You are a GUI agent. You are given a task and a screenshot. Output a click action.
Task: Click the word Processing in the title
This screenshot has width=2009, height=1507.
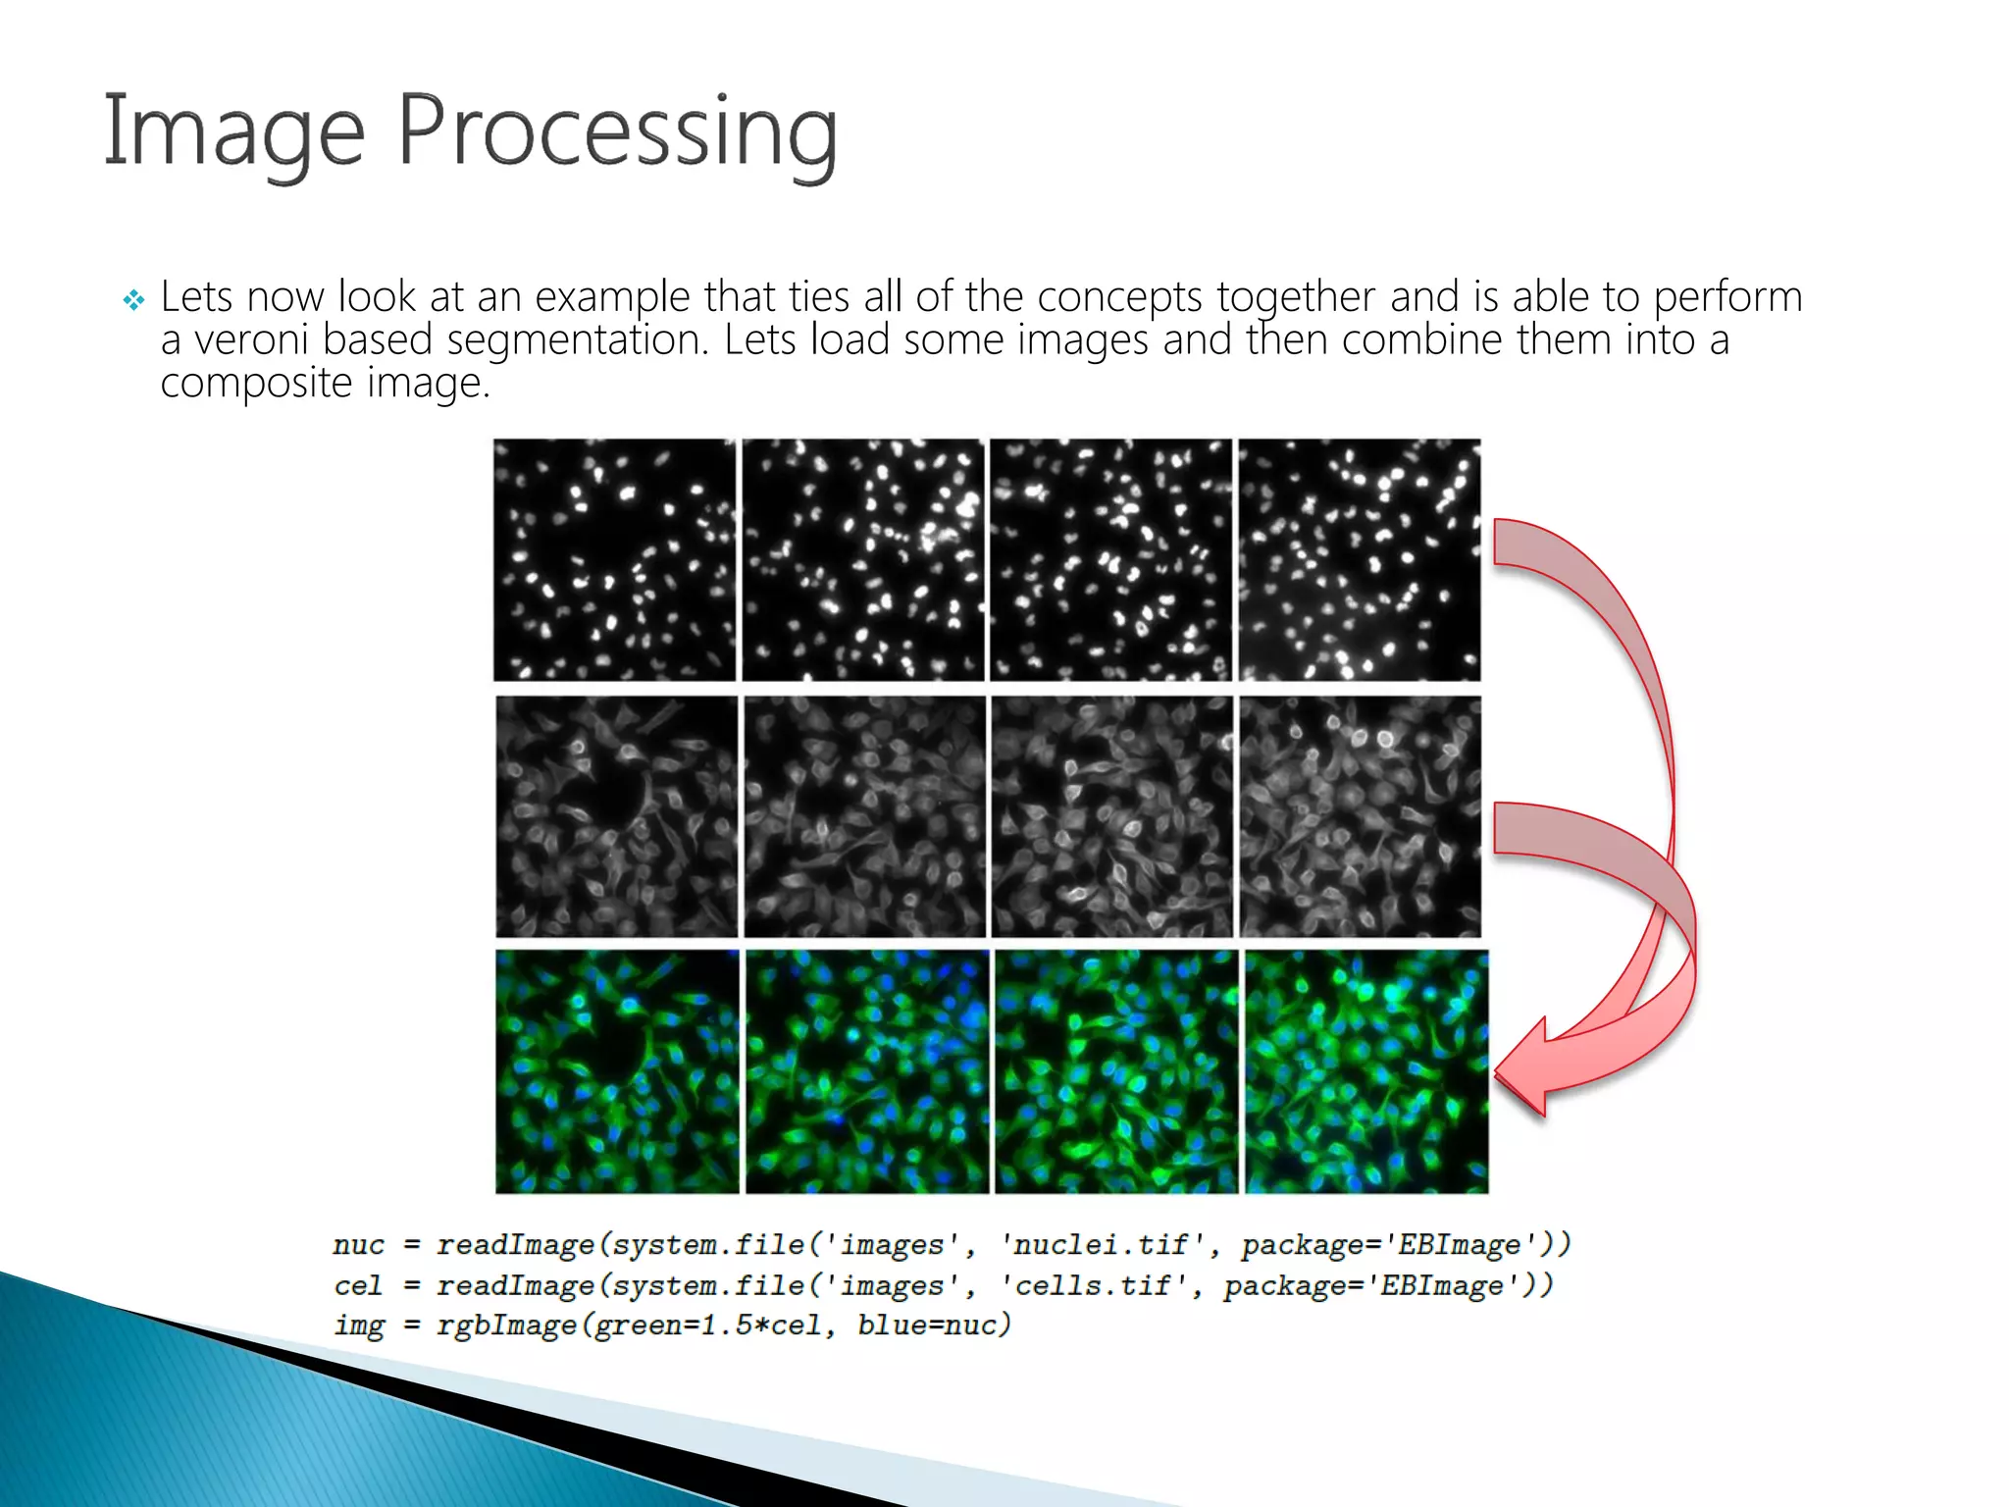click(x=618, y=132)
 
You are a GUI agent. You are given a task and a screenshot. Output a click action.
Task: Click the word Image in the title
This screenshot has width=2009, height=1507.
click(x=233, y=132)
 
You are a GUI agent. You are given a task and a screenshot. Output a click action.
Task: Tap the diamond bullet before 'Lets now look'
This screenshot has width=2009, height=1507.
click(x=133, y=299)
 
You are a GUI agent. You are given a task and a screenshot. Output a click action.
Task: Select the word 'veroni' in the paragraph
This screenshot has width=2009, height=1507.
click(x=250, y=340)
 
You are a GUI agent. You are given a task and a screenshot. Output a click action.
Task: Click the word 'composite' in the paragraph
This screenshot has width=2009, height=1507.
click(x=256, y=383)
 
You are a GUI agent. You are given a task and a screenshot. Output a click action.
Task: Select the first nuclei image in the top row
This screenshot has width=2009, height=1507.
click(x=614, y=559)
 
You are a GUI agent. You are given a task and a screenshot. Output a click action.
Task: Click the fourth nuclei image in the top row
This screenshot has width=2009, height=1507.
click(x=1360, y=559)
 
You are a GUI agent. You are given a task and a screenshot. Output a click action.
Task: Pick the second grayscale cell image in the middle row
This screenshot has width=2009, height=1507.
click(x=864, y=816)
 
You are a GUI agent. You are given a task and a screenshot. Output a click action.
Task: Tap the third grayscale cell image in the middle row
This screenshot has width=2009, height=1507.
click(x=1111, y=816)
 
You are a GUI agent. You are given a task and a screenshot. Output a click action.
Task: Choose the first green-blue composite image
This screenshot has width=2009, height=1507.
click(x=617, y=1071)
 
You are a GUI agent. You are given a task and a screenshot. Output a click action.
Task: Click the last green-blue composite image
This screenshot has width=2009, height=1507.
click(x=1366, y=1071)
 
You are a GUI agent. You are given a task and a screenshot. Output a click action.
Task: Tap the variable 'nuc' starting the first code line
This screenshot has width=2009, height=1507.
click(x=358, y=1245)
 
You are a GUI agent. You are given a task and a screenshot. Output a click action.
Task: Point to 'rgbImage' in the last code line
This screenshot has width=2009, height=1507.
click(x=506, y=1325)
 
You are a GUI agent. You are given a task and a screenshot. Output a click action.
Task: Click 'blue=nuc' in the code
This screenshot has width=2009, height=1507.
click(x=933, y=1325)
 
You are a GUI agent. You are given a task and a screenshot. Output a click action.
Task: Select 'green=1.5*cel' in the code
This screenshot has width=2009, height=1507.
click(x=708, y=1325)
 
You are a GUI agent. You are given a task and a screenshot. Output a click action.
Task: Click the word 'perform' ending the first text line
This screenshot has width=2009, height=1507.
click(x=1727, y=297)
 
